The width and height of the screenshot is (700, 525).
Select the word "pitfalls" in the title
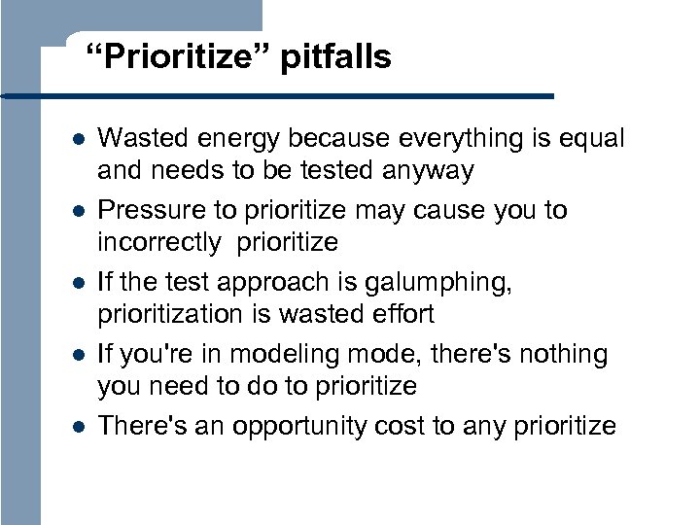335,58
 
